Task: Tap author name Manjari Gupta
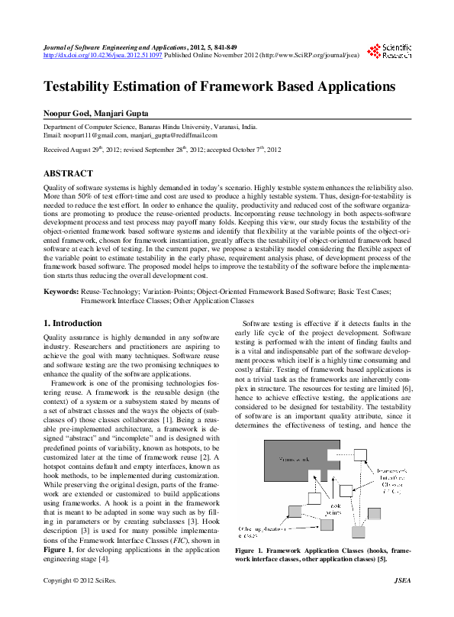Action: (x=127, y=112)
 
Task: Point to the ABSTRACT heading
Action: (x=68, y=174)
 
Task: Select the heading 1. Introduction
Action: (x=72, y=324)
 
